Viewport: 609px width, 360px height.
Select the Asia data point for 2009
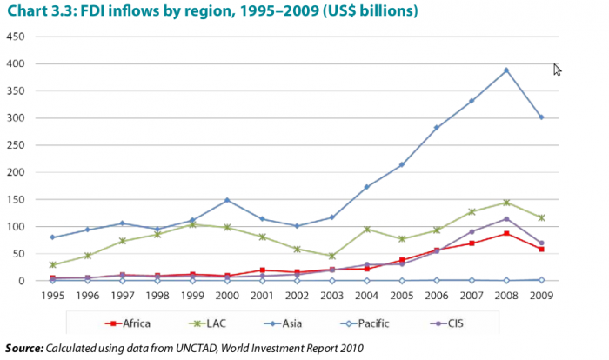tap(541, 117)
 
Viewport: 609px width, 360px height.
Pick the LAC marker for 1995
tap(54, 264)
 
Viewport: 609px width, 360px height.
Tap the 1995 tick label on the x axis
tap(53, 295)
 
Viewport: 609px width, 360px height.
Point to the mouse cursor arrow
tap(557, 70)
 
